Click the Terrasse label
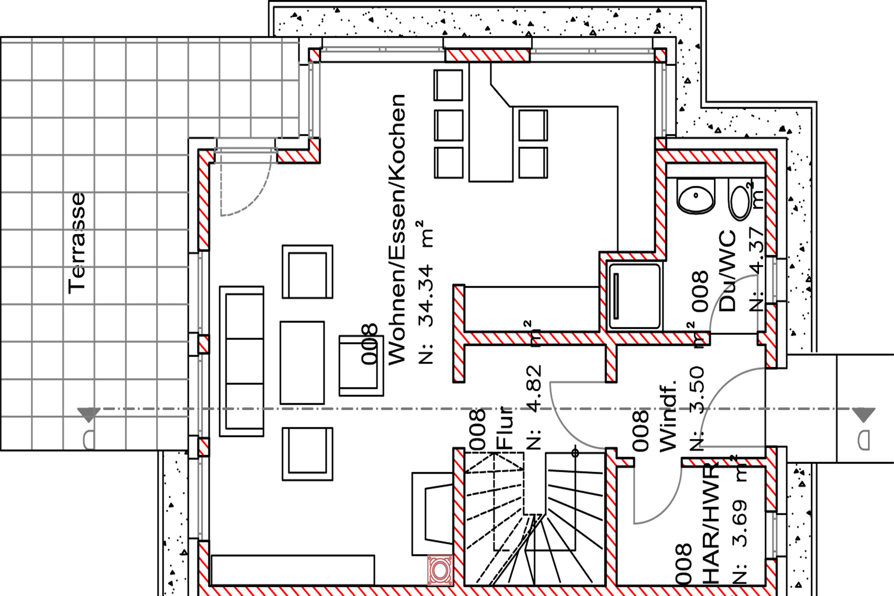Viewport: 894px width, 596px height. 77,243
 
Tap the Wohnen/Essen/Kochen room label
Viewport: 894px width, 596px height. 397,230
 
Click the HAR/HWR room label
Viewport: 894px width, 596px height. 711,524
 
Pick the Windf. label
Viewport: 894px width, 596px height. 668,415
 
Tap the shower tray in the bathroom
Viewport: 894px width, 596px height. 634,296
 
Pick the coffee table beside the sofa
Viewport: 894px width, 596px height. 302,363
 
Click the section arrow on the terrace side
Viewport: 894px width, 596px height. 89,414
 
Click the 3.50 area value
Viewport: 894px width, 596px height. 696,390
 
